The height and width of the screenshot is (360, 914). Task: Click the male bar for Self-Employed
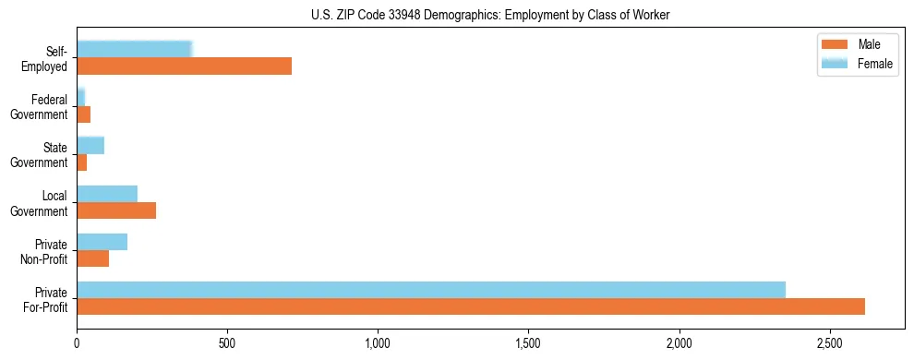[x=184, y=66]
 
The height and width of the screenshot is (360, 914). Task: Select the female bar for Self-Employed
[x=134, y=49]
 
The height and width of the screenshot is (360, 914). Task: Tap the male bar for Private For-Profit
[x=470, y=307]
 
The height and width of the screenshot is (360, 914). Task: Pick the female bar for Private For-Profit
[x=430, y=290]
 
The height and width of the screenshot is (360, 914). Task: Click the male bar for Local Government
[x=116, y=210]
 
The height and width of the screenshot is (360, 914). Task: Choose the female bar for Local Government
[x=107, y=194]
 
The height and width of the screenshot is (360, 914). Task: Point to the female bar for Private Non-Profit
[x=102, y=242]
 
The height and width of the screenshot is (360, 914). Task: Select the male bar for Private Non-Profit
[x=92, y=258]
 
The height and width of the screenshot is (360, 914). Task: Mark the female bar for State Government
[x=90, y=145]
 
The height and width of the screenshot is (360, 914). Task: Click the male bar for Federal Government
[x=83, y=114]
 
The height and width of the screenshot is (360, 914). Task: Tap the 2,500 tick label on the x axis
[x=829, y=342]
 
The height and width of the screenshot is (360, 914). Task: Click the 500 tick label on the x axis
[x=227, y=342]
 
